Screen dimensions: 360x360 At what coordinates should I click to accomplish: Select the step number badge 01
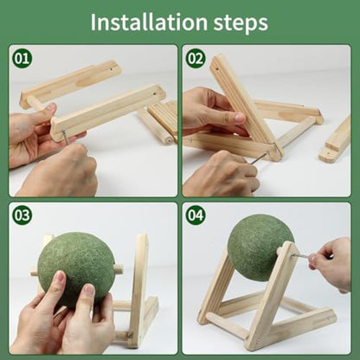pos(22,59)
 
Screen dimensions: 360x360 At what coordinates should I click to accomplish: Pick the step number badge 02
pos(196,59)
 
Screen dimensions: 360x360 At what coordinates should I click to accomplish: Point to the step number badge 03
pos(22,214)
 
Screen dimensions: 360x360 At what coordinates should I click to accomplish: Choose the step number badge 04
pos(196,214)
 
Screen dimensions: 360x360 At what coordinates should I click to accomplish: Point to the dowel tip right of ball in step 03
pos(119,269)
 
